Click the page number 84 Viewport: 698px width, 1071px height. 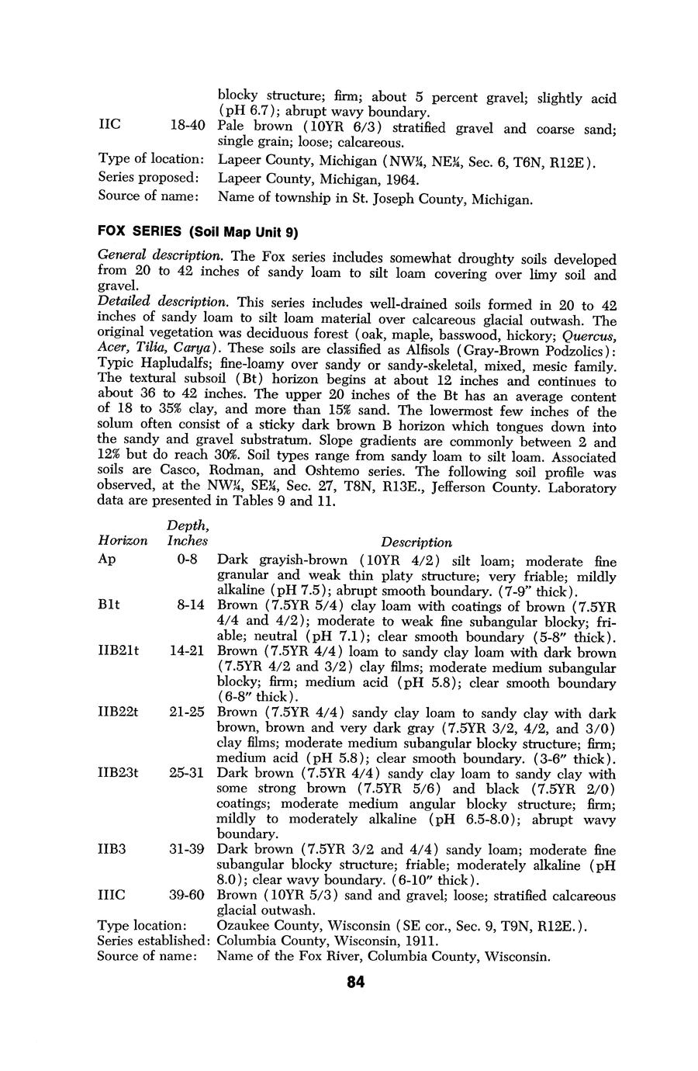pos(355,983)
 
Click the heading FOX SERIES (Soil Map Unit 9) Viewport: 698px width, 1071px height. pos(198,232)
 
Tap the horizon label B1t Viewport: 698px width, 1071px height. pos(109,605)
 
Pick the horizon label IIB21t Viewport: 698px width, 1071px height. pos(118,650)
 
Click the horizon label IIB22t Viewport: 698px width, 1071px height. pos(118,712)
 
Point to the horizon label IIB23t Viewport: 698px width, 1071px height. pos(118,772)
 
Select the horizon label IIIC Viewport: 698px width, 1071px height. pos(112,895)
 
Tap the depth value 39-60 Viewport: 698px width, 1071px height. pos(186,895)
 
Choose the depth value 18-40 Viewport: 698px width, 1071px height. pos(186,126)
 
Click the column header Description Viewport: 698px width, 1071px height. pos(416,542)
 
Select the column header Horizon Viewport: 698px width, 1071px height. pos(122,540)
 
